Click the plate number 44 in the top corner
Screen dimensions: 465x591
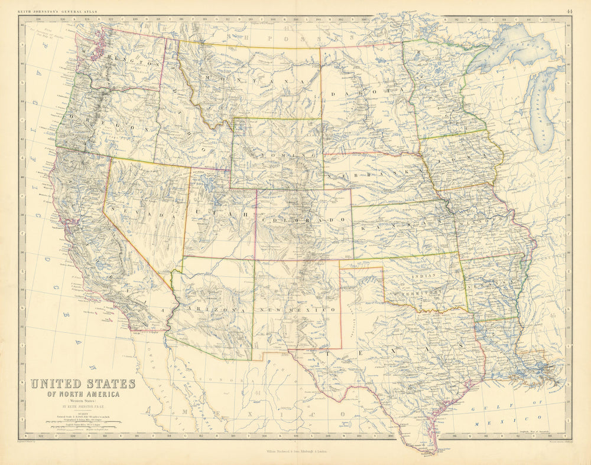(x=569, y=11)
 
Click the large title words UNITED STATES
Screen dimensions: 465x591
(x=83, y=384)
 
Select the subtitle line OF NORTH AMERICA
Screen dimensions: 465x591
(x=83, y=394)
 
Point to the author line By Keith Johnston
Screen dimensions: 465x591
(x=83, y=406)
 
